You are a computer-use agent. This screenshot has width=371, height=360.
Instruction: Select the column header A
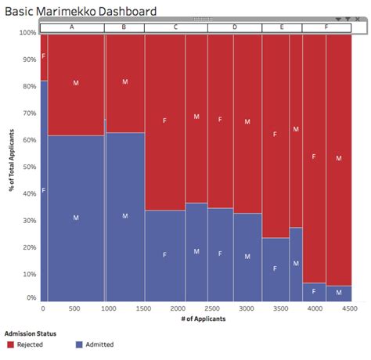click(72, 27)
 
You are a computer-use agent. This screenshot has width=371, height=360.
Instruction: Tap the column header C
click(175, 27)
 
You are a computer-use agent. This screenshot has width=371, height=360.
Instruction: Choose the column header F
click(326, 27)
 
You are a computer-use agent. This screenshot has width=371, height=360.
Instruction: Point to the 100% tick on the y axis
click(27, 33)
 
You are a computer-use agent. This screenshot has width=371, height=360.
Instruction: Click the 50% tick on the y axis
click(28, 167)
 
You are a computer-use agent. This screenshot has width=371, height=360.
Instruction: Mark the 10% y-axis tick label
click(28, 273)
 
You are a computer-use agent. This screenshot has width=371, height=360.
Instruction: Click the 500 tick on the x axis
click(74, 309)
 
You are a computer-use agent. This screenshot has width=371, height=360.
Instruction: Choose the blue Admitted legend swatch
click(79, 344)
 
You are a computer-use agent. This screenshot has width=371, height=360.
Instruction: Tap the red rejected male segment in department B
click(124, 82)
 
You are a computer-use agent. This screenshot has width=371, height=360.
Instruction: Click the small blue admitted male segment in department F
click(339, 293)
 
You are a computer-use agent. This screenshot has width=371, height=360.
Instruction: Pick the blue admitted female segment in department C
click(164, 255)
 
